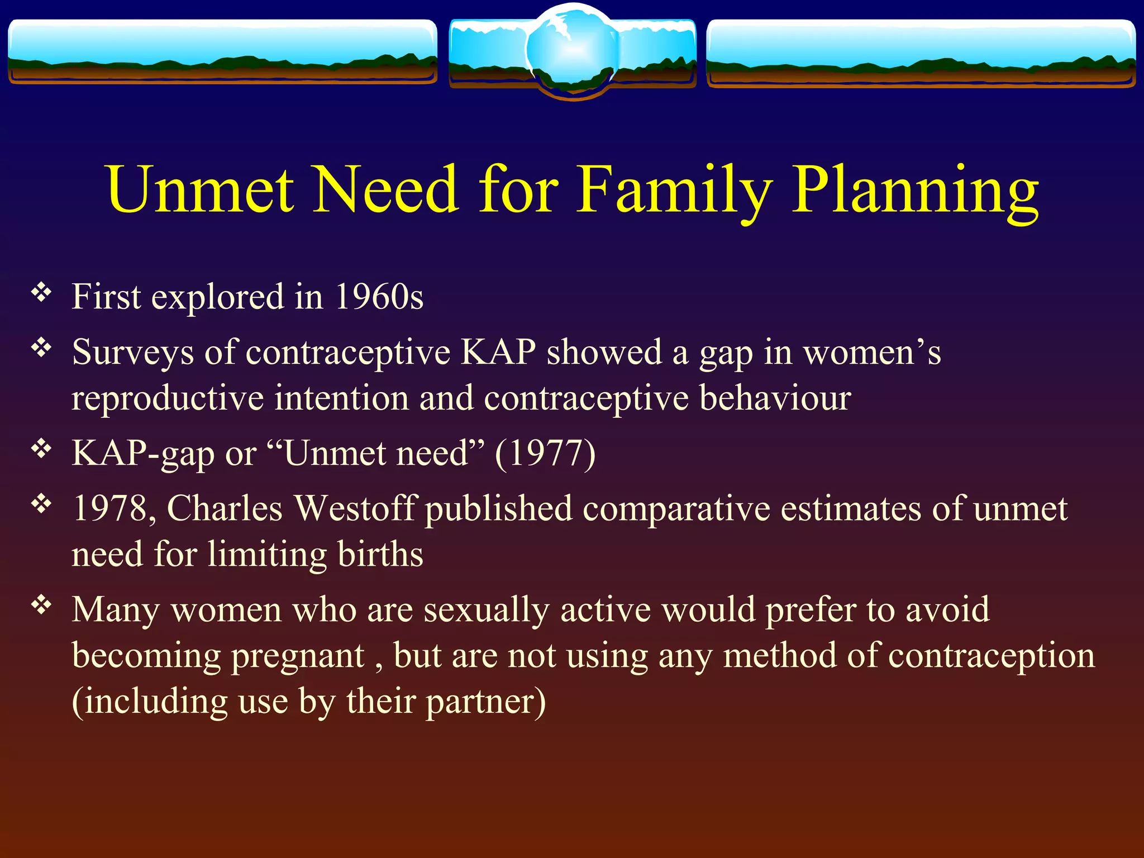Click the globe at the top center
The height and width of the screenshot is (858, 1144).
(x=572, y=50)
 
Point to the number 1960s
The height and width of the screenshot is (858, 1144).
(x=379, y=297)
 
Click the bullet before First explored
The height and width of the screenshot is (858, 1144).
(x=41, y=293)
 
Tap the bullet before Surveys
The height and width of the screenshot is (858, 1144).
(x=41, y=349)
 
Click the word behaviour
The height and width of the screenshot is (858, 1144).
(x=775, y=398)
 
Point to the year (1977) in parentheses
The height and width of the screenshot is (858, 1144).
(x=545, y=453)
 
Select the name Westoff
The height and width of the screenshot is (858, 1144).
(x=355, y=509)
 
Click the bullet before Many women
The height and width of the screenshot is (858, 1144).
(x=41, y=605)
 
